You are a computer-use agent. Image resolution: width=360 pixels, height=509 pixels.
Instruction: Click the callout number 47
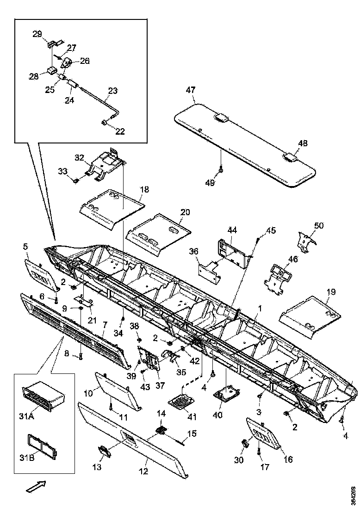(x=191, y=90)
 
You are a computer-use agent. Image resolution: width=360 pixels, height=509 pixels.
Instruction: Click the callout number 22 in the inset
(x=120, y=131)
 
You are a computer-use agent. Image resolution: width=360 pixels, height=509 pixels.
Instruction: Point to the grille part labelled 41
(x=182, y=401)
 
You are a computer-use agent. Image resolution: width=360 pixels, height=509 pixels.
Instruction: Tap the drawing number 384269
(x=354, y=495)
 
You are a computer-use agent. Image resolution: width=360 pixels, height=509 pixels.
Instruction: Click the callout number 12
(x=144, y=472)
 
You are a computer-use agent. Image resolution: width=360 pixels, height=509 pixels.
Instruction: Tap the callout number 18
(x=144, y=189)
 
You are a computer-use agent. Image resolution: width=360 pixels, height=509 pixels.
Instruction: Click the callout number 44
(x=232, y=230)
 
